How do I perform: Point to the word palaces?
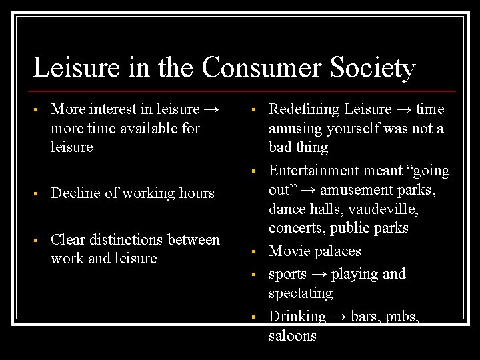pyautogui.click(x=338, y=251)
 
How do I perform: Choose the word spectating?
pyautogui.click(x=301, y=293)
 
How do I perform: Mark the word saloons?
pyautogui.click(x=293, y=335)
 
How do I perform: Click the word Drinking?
pyautogui.click(x=297, y=317)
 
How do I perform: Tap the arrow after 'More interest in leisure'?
pyautogui.click(x=213, y=109)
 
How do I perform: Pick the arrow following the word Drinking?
pyautogui.click(x=339, y=317)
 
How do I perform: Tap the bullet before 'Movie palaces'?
pyautogui.click(x=254, y=252)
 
